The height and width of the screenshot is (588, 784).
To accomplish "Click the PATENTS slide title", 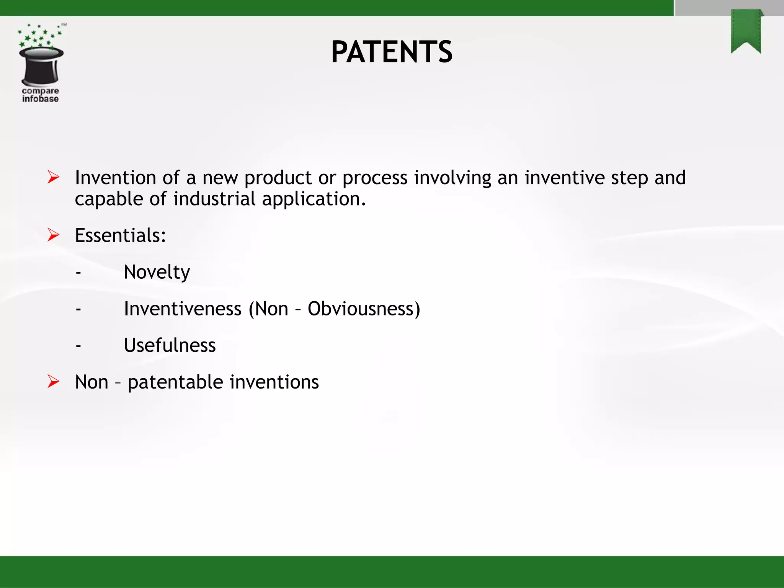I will click(x=392, y=52).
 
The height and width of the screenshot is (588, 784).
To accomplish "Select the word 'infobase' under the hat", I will click(x=40, y=99).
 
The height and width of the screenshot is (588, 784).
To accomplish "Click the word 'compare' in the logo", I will click(x=40, y=91).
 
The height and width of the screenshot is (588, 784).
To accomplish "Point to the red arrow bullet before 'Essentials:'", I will click(x=53, y=235).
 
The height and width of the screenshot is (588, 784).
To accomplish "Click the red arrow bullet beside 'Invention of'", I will click(x=53, y=177).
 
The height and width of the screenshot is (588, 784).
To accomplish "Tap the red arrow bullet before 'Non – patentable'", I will click(x=53, y=382).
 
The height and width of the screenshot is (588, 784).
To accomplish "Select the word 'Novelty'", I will click(x=157, y=272).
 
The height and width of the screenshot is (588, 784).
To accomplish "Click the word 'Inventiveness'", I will click(x=183, y=309).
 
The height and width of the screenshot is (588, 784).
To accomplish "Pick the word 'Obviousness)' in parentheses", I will click(x=364, y=309).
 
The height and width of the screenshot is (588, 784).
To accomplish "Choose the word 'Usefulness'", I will click(x=170, y=345).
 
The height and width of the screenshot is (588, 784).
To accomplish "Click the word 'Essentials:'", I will click(x=120, y=235).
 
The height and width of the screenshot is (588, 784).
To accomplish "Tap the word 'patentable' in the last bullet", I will click(x=175, y=382).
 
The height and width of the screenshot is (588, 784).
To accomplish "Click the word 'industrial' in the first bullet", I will click(x=214, y=199).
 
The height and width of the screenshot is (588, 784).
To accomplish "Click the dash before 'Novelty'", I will click(x=78, y=273).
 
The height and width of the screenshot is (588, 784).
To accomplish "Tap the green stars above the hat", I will click(x=38, y=36).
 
